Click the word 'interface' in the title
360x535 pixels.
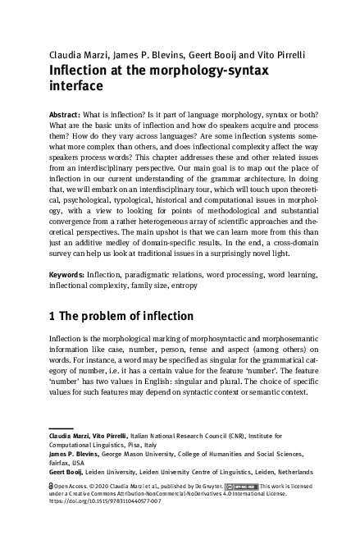click(x=76, y=85)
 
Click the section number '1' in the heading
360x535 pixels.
click(x=53, y=316)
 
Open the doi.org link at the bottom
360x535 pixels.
click(x=102, y=503)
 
